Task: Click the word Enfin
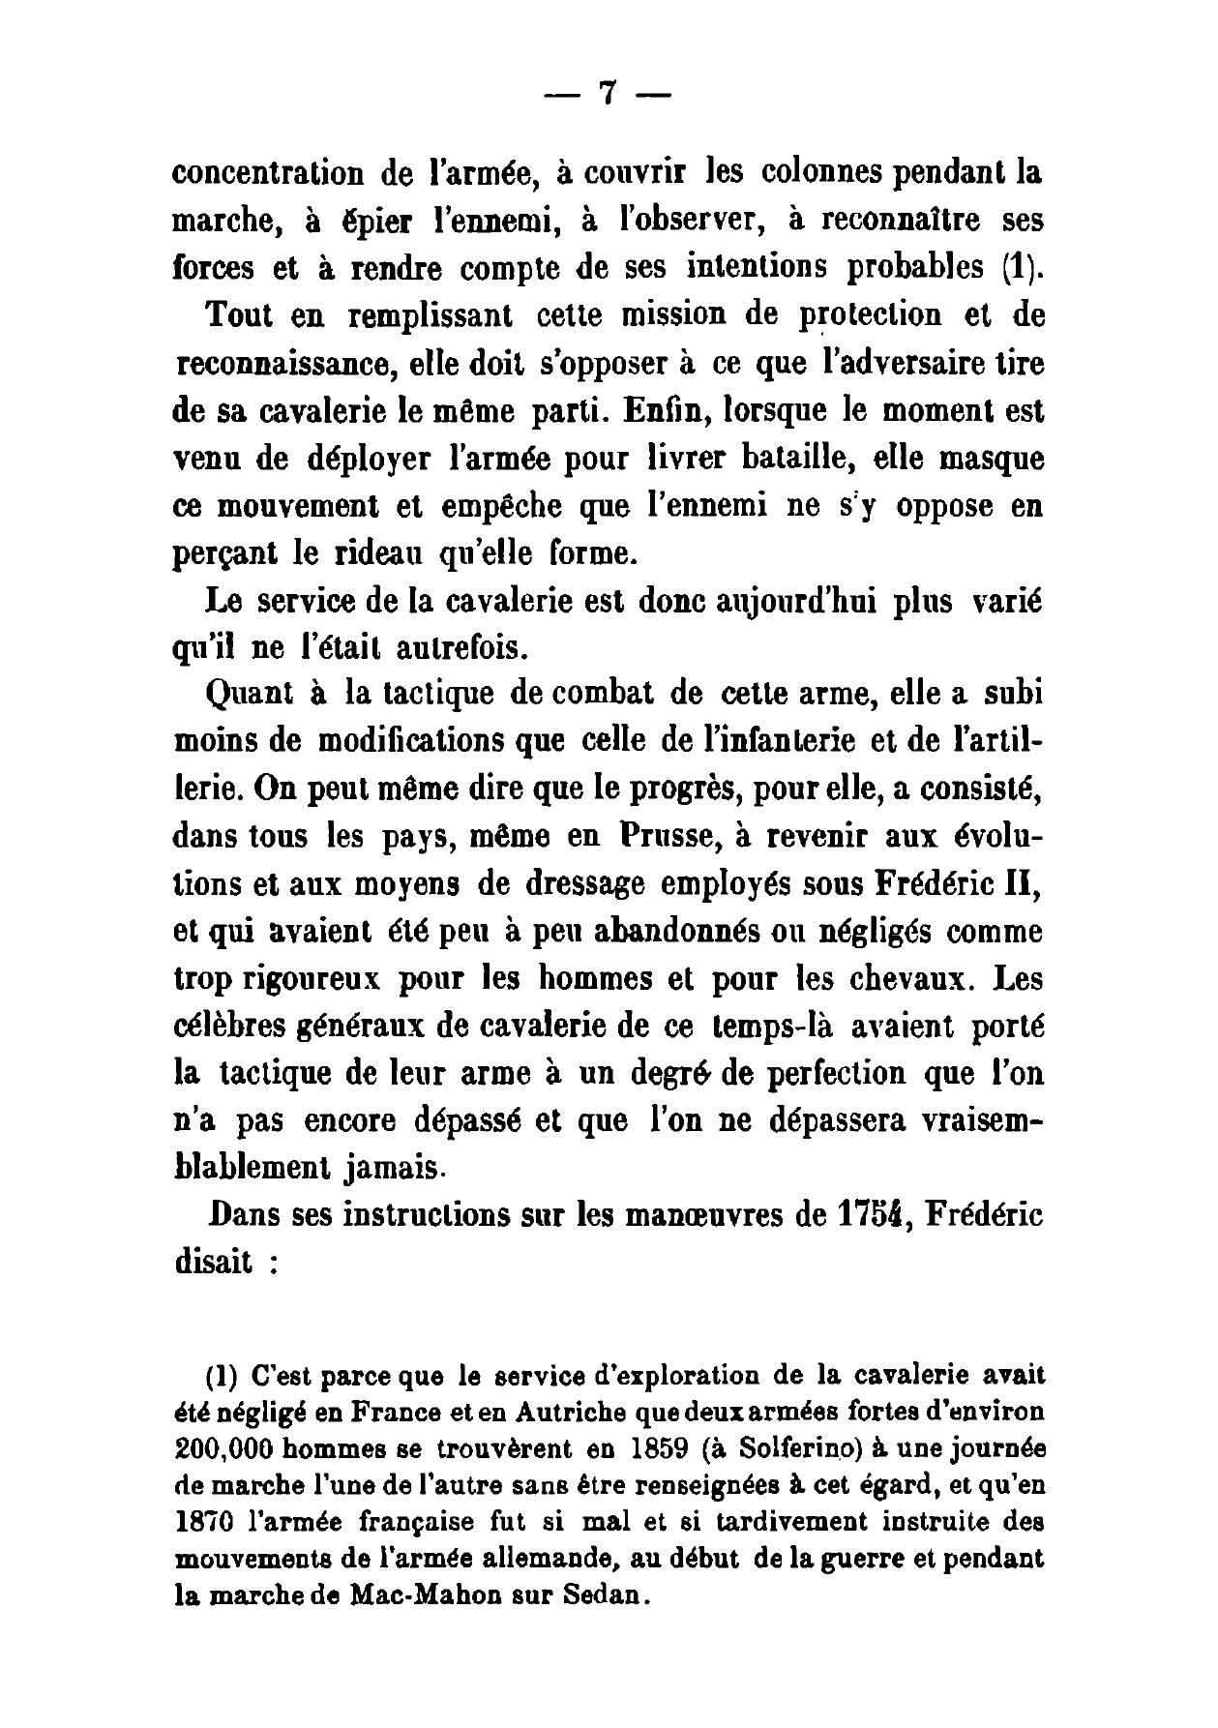pos(651,411)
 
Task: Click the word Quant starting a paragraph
pos(239,696)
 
